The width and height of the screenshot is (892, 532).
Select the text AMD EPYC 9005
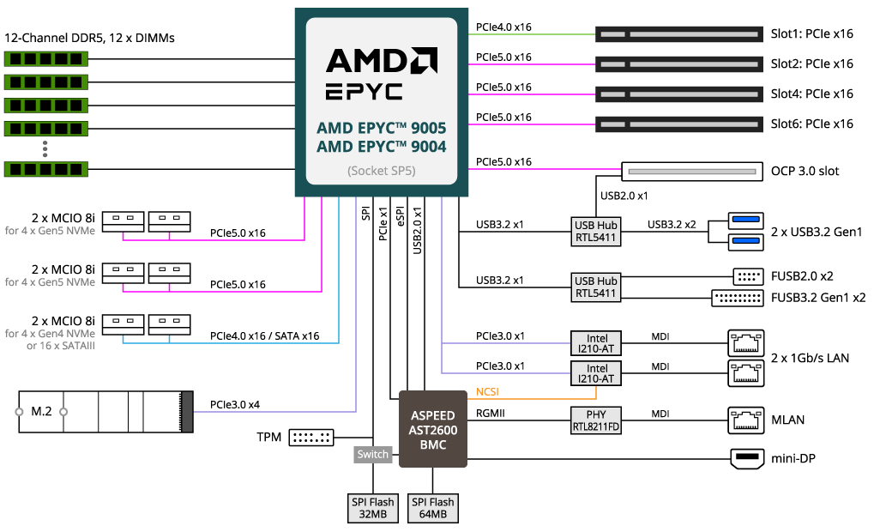[381, 128]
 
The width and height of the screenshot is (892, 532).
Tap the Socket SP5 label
[381, 171]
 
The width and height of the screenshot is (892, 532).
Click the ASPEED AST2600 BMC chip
[433, 429]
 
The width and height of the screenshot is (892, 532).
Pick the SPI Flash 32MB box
[372, 508]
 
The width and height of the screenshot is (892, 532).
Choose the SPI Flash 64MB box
[432, 508]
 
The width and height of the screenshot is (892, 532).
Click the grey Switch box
[373, 455]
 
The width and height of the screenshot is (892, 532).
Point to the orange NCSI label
[488, 393]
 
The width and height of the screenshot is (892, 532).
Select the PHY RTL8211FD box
[596, 420]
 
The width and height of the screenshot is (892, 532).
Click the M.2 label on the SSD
[41, 412]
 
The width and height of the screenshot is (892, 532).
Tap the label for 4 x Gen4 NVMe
[50, 333]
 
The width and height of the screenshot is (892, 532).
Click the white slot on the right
[692, 172]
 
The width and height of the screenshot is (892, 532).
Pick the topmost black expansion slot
[679, 34]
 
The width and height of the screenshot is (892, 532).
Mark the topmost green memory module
[46, 58]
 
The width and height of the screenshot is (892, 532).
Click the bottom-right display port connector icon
[746, 459]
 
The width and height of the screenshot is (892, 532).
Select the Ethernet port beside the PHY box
[746, 420]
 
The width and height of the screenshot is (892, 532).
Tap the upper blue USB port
[746, 221]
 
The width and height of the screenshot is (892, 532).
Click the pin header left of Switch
[311, 438]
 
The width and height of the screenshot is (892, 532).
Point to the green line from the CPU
[532, 34]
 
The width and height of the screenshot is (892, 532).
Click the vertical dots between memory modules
[46, 148]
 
